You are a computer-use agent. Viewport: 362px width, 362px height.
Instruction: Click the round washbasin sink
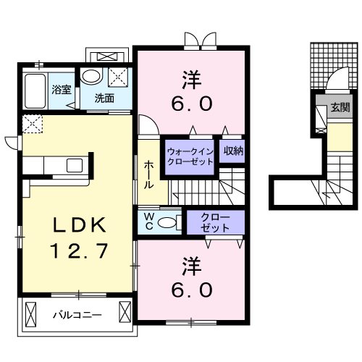click(92, 76)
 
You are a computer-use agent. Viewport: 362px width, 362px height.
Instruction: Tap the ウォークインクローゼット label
click(190, 156)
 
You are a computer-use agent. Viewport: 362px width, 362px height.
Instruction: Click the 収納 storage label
click(232, 151)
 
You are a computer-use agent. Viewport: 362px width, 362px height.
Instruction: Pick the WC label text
click(148, 220)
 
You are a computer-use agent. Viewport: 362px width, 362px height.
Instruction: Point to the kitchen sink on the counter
click(75, 166)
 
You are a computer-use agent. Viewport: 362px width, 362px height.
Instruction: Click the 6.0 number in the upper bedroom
click(193, 103)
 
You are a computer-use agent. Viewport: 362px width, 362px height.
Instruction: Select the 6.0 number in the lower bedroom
click(193, 290)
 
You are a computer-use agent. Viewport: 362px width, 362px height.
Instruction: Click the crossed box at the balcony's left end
click(30, 313)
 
